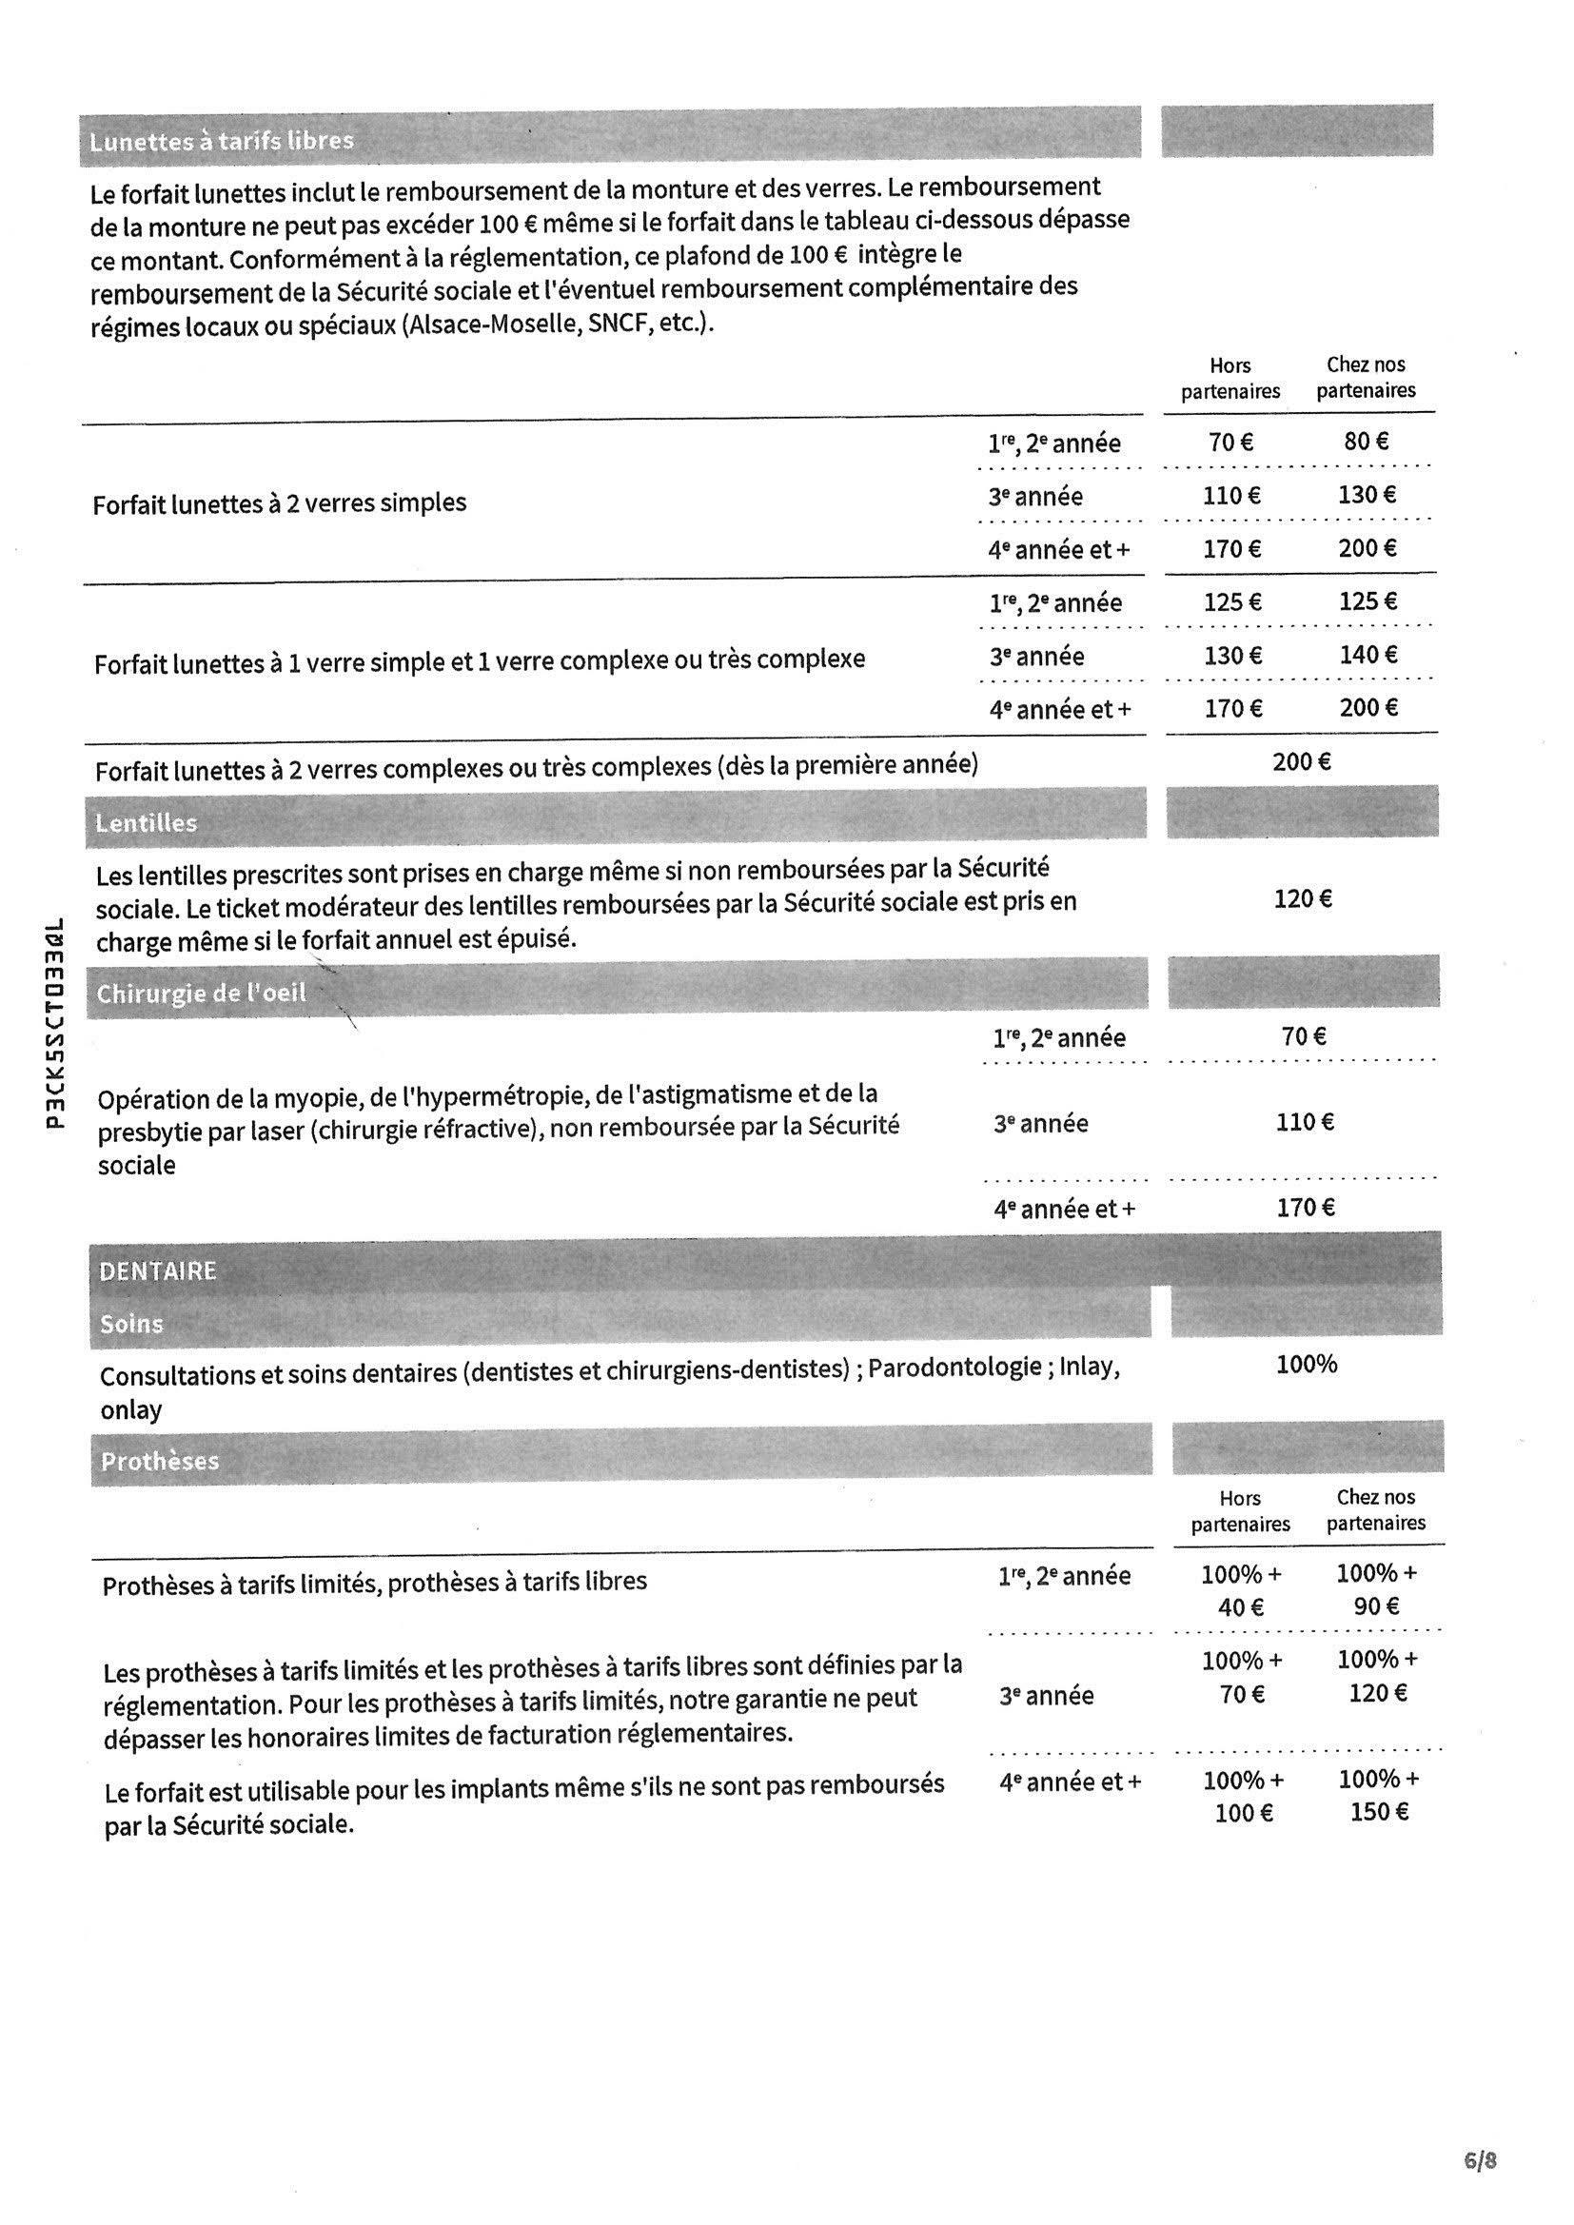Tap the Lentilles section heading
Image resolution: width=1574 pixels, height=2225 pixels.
(x=146, y=824)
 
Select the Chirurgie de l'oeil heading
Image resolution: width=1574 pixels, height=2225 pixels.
(x=201, y=994)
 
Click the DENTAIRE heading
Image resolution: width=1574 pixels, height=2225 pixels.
(x=157, y=1270)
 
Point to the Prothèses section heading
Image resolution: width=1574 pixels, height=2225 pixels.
(x=160, y=1462)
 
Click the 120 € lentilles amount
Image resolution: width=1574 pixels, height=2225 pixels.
(x=1303, y=899)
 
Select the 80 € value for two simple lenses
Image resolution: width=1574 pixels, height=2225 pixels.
(x=1366, y=442)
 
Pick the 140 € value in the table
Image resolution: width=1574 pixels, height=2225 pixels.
(x=1368, y=655)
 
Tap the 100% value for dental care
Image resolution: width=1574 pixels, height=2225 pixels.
(x=1307, y=1365)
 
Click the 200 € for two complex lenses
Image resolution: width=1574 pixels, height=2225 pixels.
(x=1302, y=761)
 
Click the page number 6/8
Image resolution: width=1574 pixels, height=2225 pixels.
(x=1481, y=2160)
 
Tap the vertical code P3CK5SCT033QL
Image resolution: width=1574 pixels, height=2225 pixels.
(x=56, y=1023)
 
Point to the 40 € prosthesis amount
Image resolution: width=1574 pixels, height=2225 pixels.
(x=1241, y=1607)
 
